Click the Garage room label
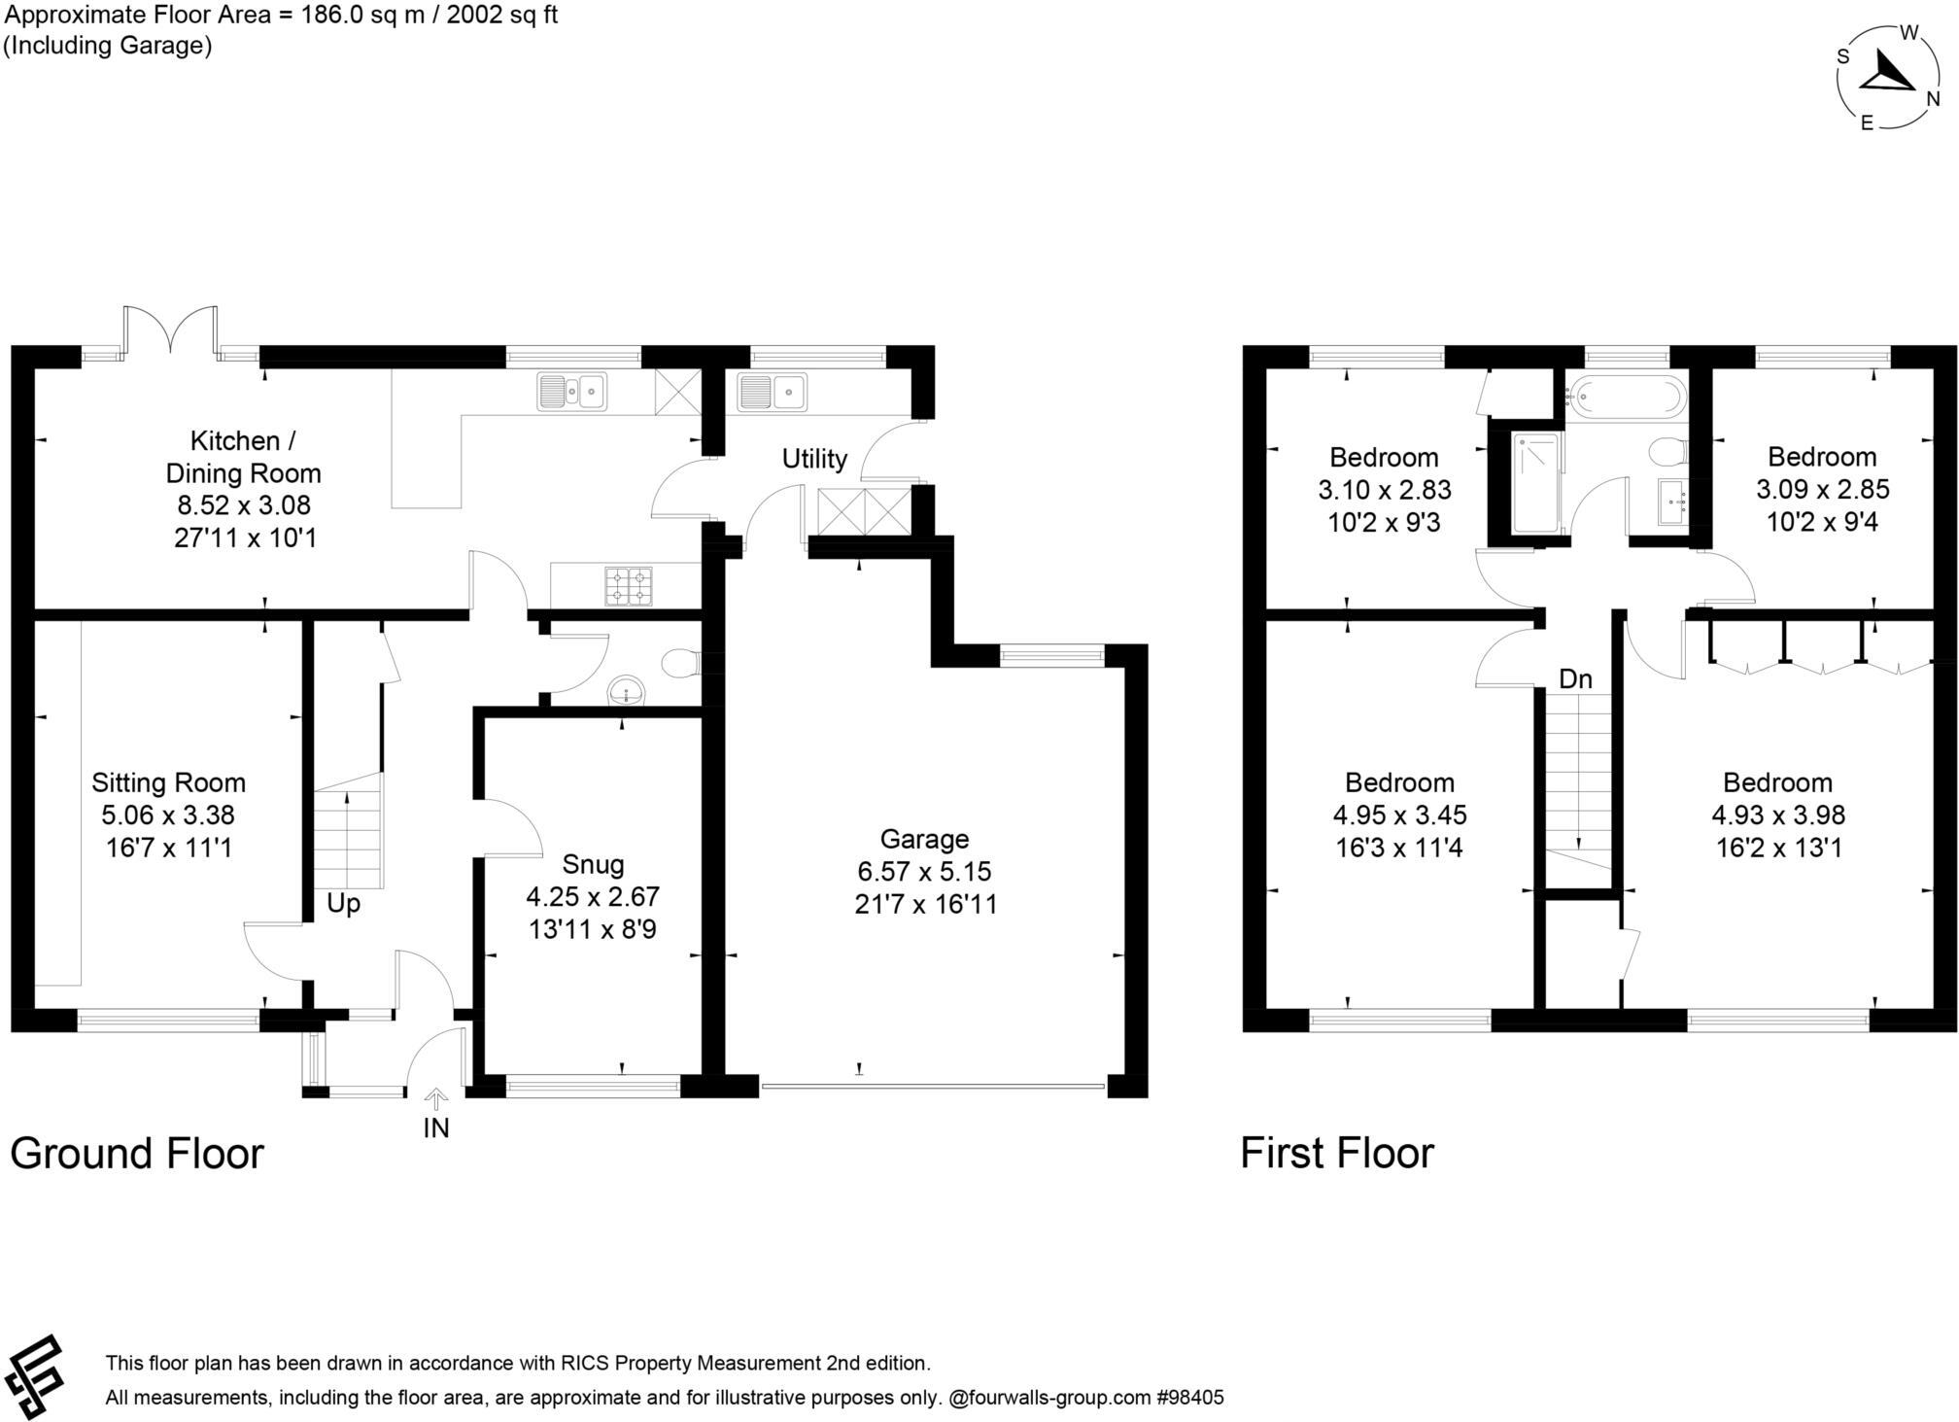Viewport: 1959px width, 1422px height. tap(924, 839)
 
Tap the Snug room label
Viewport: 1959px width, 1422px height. tap(593, 864)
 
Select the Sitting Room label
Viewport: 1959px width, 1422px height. tap(168, 782)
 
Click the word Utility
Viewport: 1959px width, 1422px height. tap(814, 459)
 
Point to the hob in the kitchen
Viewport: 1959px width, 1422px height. tap(629, 586)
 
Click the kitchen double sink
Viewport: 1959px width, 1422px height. tap(571, 392)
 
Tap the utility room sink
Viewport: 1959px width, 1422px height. tap(773, 392)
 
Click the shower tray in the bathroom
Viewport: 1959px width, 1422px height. tap(1535, 483)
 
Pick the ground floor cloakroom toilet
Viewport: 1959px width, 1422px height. tap(679, 664)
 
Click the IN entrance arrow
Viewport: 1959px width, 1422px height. tap(436, 1099)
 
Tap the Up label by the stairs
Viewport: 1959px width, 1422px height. tap(343, 904)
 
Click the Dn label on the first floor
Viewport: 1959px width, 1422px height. tap(1575, 679)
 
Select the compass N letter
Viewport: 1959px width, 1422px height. tap(1933, 99)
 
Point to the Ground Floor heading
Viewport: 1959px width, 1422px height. tap(137, 1154)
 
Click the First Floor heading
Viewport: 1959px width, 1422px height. tap(1336, 1154)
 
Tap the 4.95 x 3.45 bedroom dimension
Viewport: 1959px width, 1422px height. tap(1399, 815)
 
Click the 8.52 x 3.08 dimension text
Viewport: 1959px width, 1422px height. tap(243, 505)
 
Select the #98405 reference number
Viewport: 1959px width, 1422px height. tap(1190, 1398)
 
